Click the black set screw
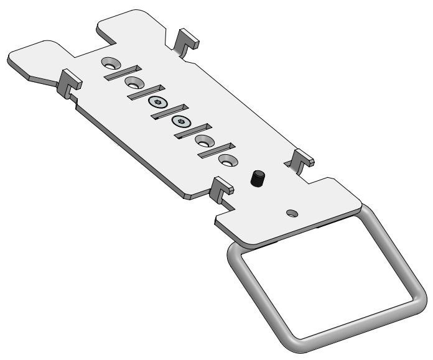click(x=258, y=180)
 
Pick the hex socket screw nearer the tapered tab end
click(x=156, y=102)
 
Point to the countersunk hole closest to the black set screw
click(x=227, y=160)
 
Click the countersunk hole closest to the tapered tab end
click(x=111, y=62)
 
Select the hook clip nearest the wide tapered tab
click(x=68, y=82)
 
